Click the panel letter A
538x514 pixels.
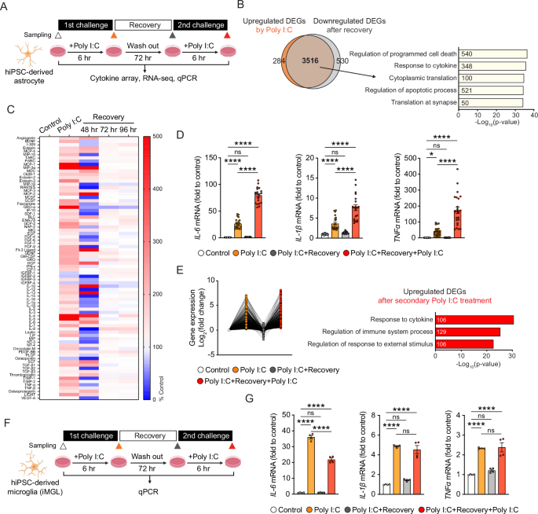5,6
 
